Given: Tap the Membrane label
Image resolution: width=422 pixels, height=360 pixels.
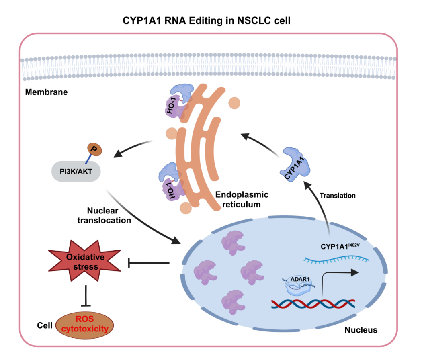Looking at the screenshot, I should coord(46,92).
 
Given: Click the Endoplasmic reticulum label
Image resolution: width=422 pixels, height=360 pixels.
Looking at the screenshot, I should coord(242,200).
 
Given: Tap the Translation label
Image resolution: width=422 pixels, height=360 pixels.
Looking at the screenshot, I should coord(337,196).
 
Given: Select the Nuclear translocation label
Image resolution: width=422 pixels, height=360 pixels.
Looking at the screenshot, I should coord(108,215).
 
